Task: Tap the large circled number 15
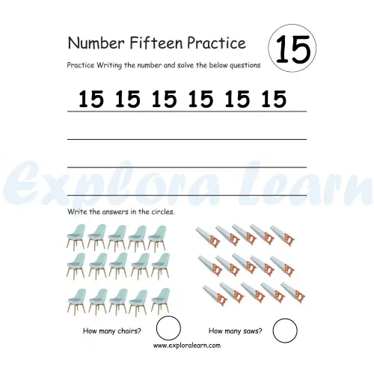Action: [293, 49]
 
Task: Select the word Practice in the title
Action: [216, 43]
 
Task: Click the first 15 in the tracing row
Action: [91, 99]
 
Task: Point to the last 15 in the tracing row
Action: [274, 99]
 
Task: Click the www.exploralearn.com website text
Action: [187, 346]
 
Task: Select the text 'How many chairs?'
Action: [112, 331]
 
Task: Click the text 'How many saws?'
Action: [236, 331]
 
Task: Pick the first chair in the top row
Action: [76, 236]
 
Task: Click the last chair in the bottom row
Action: [160, 301]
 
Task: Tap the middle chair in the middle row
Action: [118, 265]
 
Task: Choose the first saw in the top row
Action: [208, 237]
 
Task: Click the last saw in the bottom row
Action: [293, 292]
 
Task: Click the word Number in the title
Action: [96, 43]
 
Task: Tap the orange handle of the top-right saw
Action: [289, 239]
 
